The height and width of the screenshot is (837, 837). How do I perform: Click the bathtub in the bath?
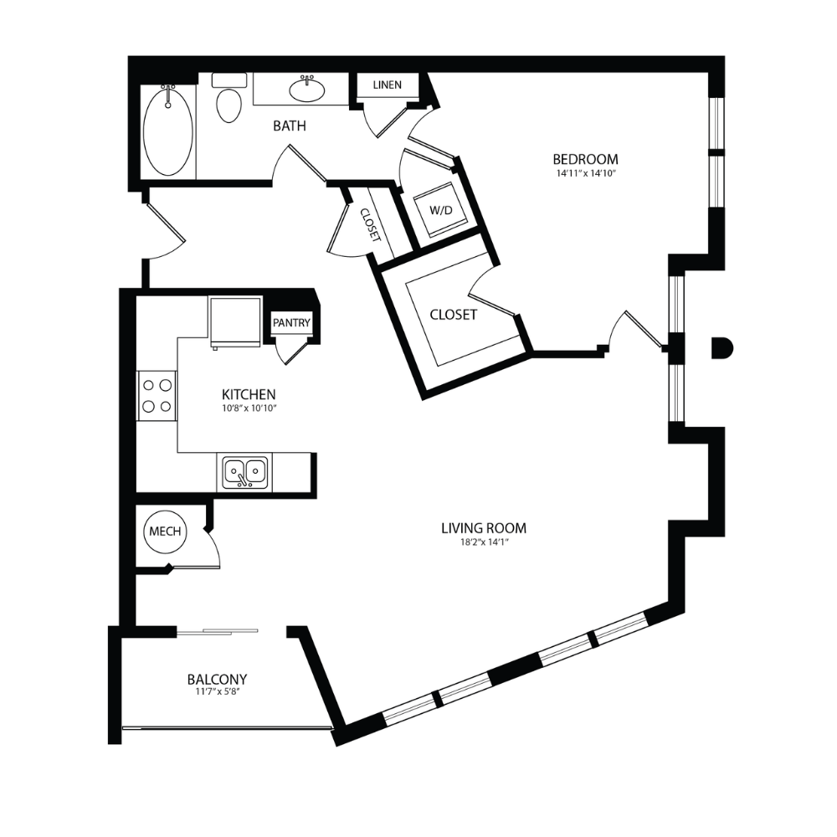168,132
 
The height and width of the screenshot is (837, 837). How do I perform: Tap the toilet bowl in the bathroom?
229,105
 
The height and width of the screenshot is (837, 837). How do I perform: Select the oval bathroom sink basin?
307,90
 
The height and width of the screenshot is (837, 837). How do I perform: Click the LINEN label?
387,85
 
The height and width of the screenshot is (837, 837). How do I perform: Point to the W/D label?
441,210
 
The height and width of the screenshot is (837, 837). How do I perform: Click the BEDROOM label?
586,159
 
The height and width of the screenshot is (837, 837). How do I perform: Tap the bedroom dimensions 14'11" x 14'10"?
586,173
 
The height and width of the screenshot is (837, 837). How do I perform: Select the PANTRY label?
291,323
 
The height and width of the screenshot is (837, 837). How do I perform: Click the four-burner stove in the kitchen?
157,396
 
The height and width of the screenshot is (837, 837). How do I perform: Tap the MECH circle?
166,531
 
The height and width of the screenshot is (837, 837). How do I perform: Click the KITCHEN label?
249,394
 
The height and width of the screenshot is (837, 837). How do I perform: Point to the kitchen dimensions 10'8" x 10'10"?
249,408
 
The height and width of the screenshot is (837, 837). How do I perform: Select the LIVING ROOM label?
484,528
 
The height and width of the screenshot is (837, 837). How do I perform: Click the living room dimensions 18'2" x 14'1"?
484,542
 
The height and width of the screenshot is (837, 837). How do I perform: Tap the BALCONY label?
218,680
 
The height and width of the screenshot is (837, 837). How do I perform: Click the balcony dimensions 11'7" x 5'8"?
218,693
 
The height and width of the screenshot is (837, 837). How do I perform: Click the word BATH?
290,126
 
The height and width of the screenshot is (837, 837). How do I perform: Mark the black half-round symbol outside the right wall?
722,348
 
